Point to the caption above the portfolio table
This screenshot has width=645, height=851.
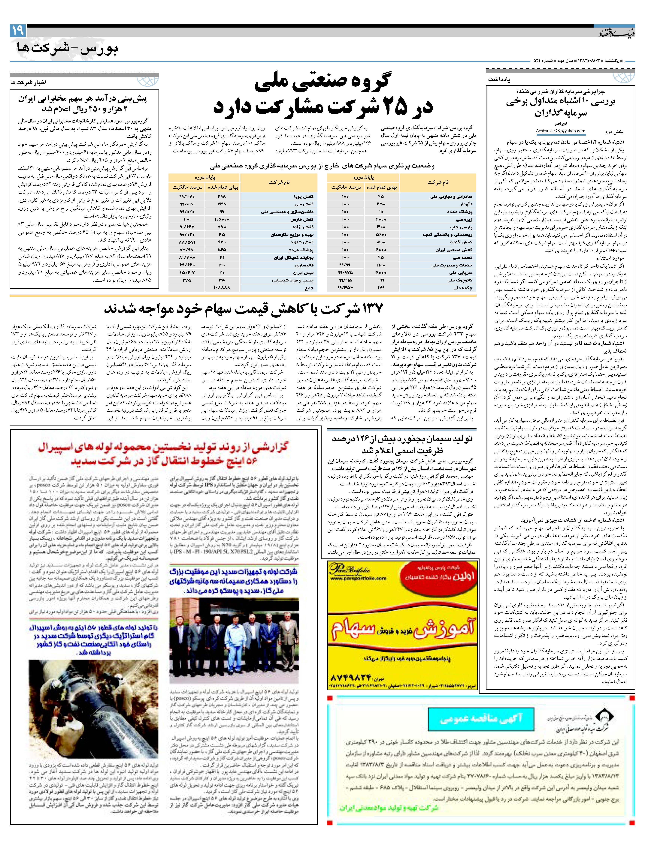[322, 166]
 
